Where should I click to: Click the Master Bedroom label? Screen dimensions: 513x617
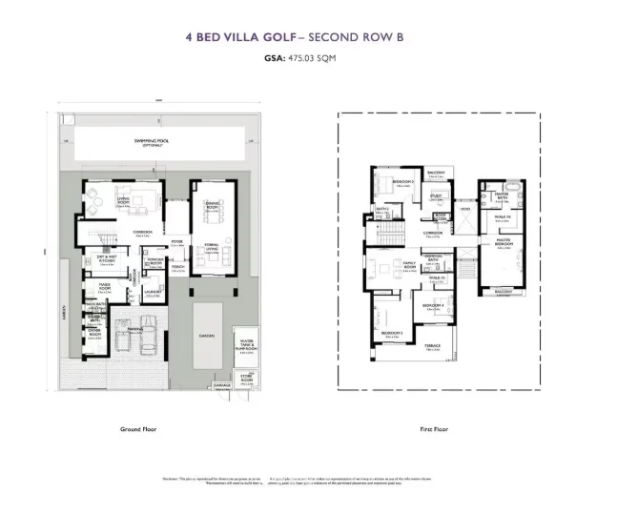point(502,242)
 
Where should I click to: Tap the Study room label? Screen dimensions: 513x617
point(436,197)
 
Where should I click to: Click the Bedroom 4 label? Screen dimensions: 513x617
point(434,307)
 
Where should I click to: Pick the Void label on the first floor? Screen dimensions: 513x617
point(464,209)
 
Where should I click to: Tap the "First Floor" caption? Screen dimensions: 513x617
point(434,429)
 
